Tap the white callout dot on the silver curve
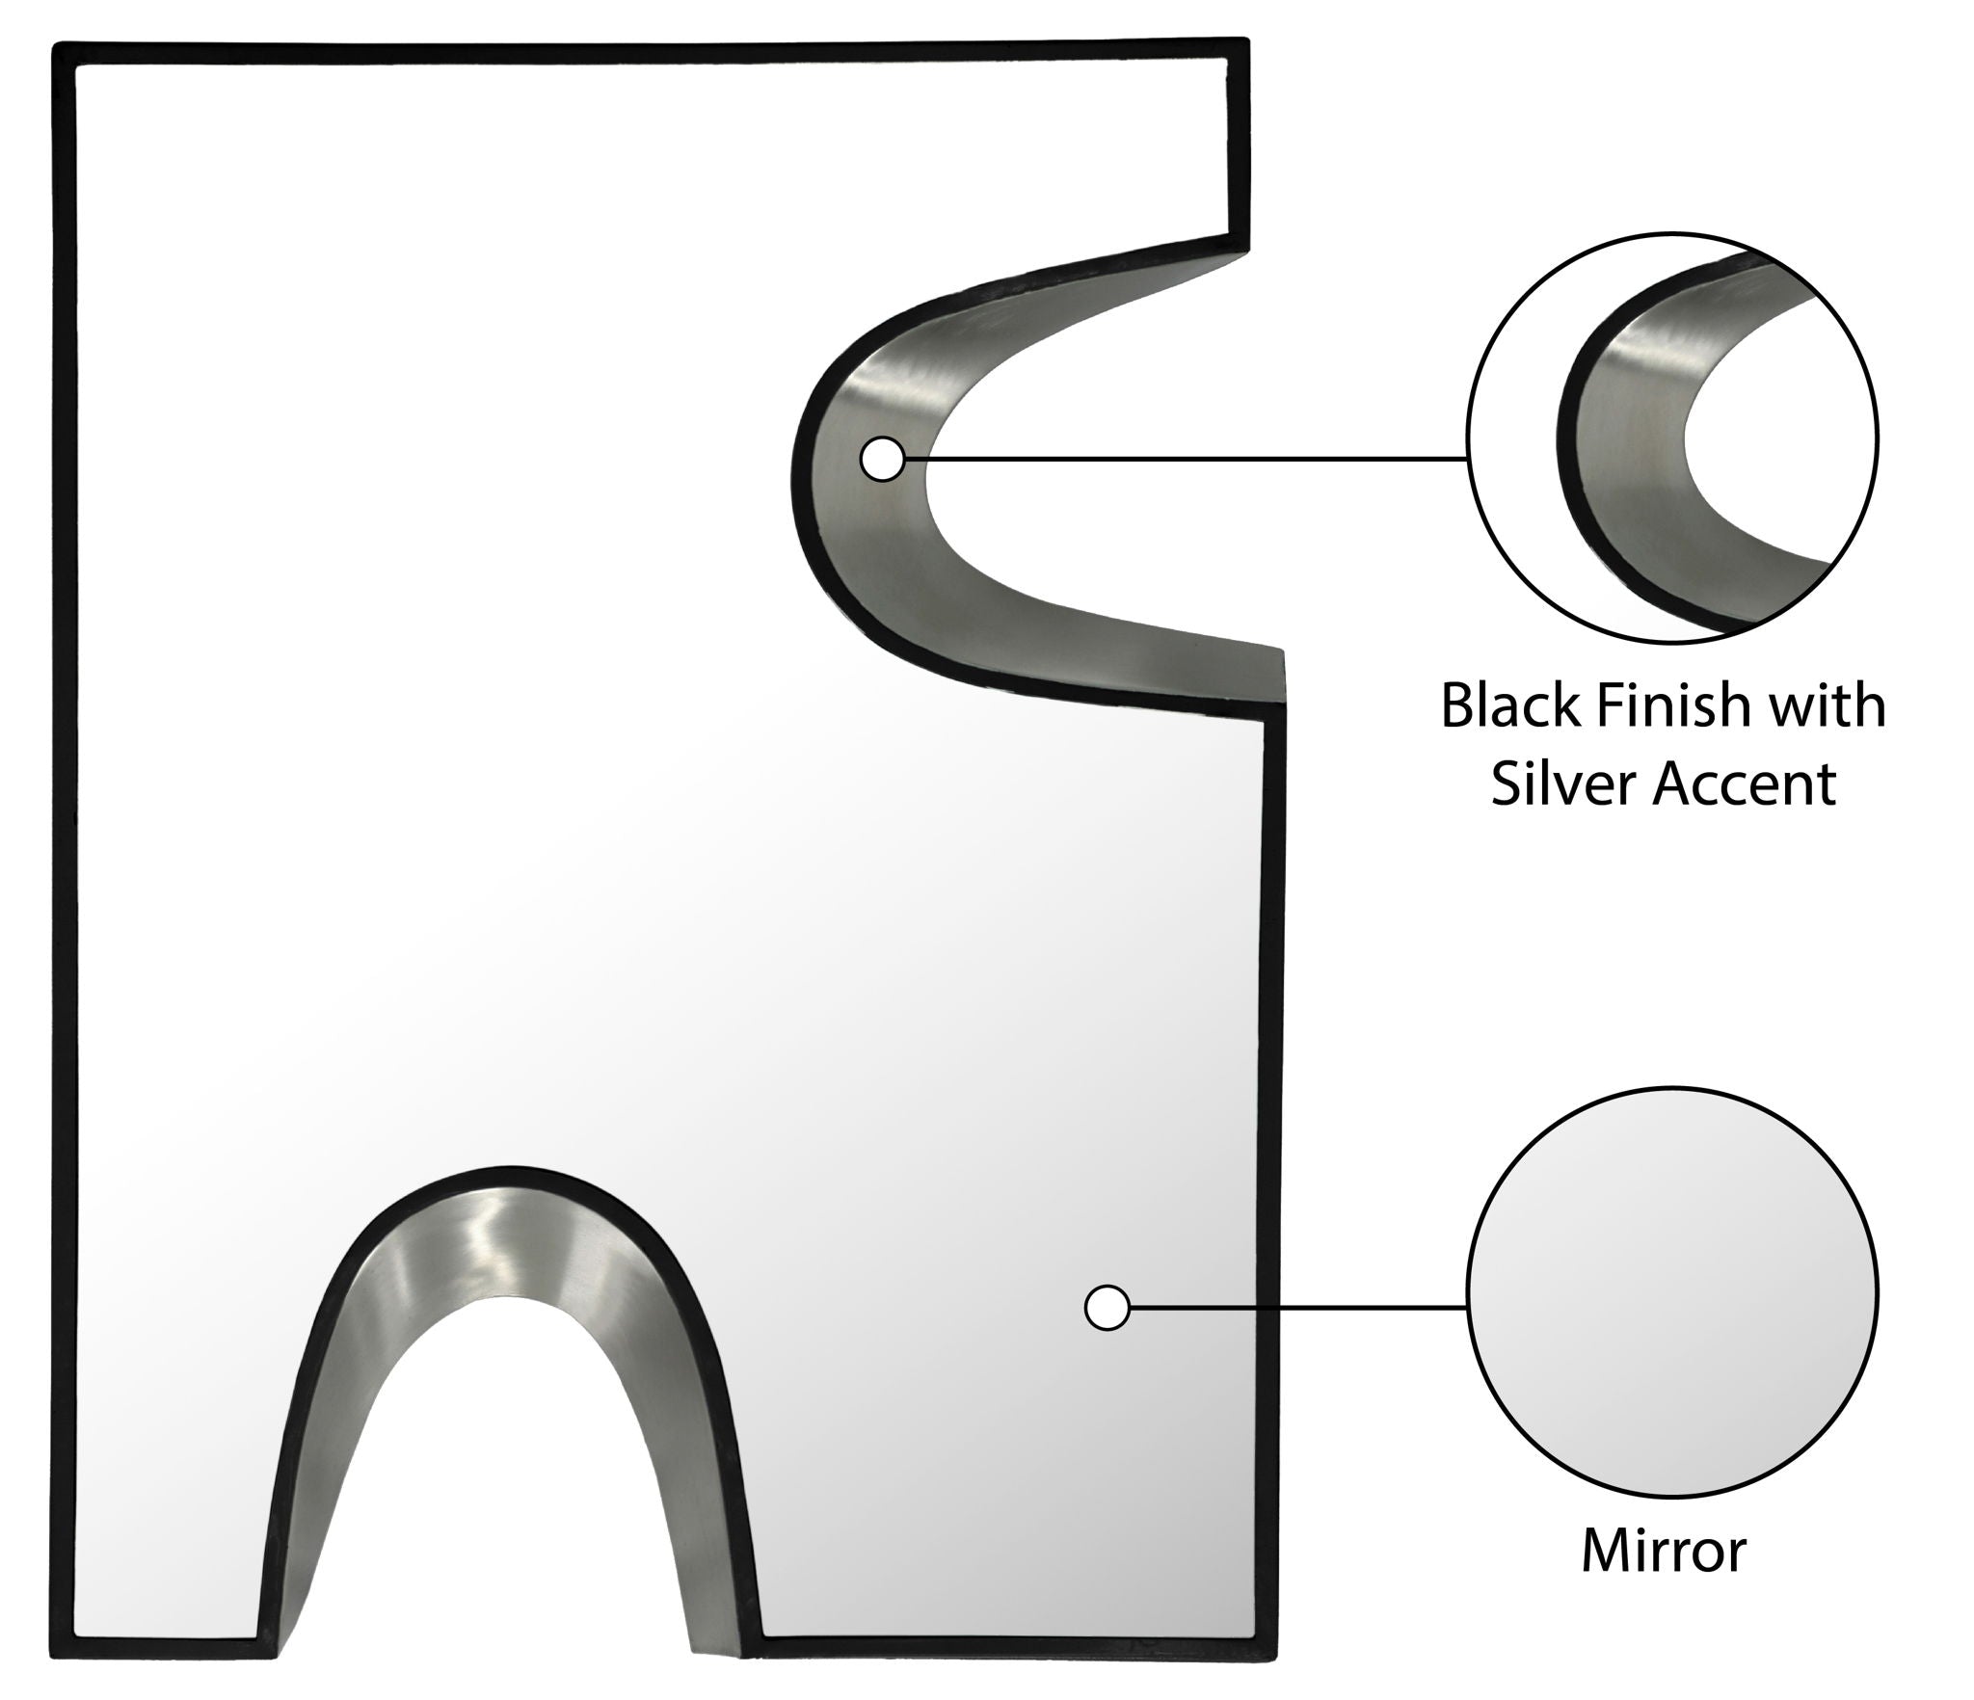point(882,459)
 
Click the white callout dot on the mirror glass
point(1107,1308)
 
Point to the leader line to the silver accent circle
point(1186,459)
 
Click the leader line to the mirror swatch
point(1296,1308)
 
